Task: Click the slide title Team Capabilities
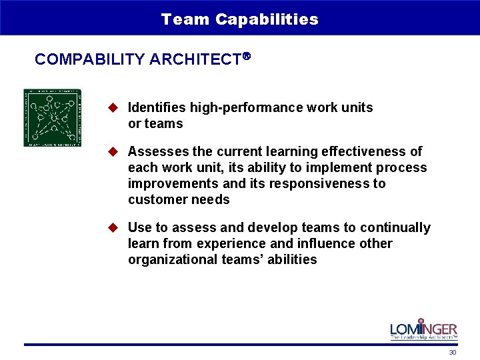(x=239, y=19)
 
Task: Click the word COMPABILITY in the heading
(x=90, y=59)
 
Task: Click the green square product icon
(x=52, y=117)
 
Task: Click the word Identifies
(x=157, y=107)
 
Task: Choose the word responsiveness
(x=315, y=183)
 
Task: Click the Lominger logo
(x=423, y=329)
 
